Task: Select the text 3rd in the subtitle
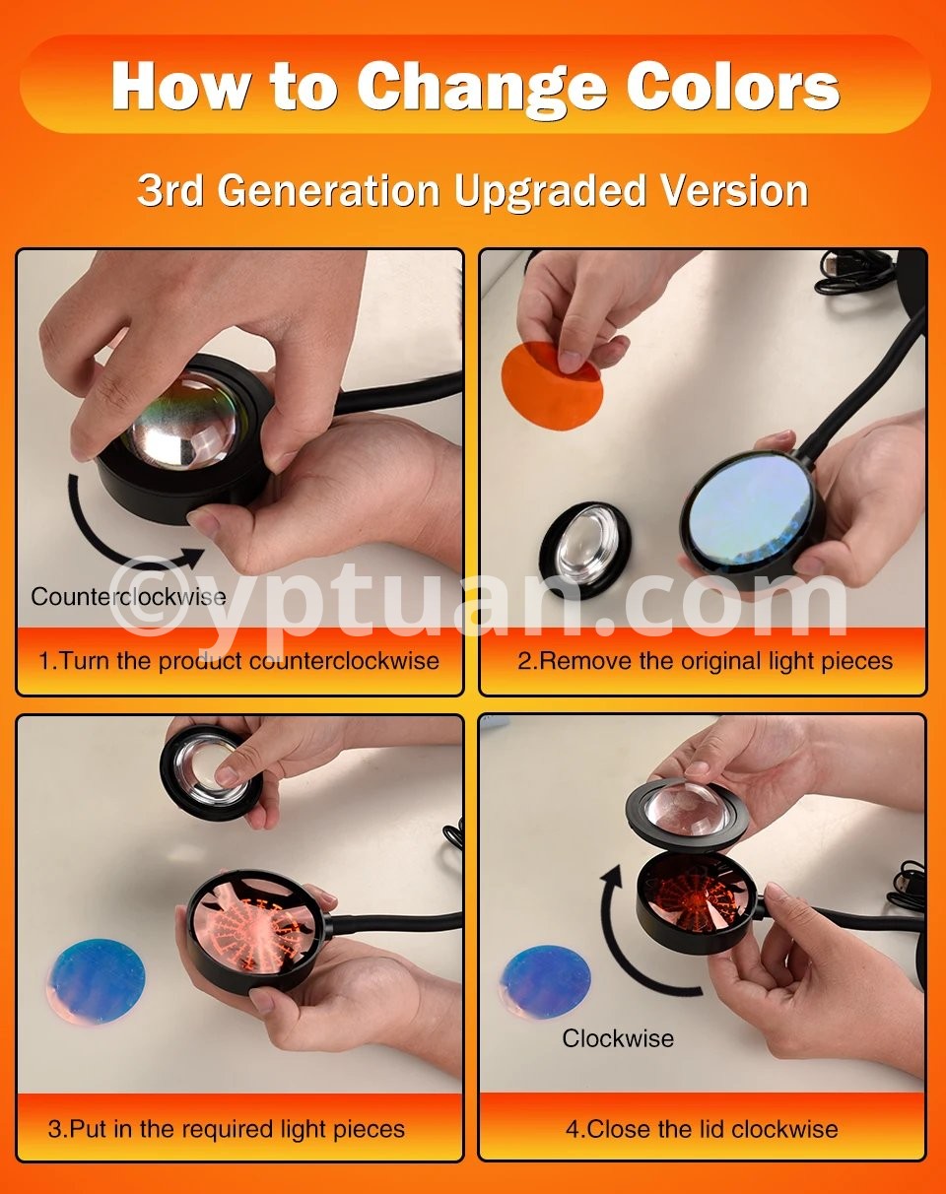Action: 170,190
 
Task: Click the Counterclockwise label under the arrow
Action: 128,597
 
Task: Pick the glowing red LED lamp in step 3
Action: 257,933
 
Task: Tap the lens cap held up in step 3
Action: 212,772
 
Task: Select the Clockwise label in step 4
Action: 618,1038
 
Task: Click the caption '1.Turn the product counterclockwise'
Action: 238,661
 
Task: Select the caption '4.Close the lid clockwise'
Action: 702,1129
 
